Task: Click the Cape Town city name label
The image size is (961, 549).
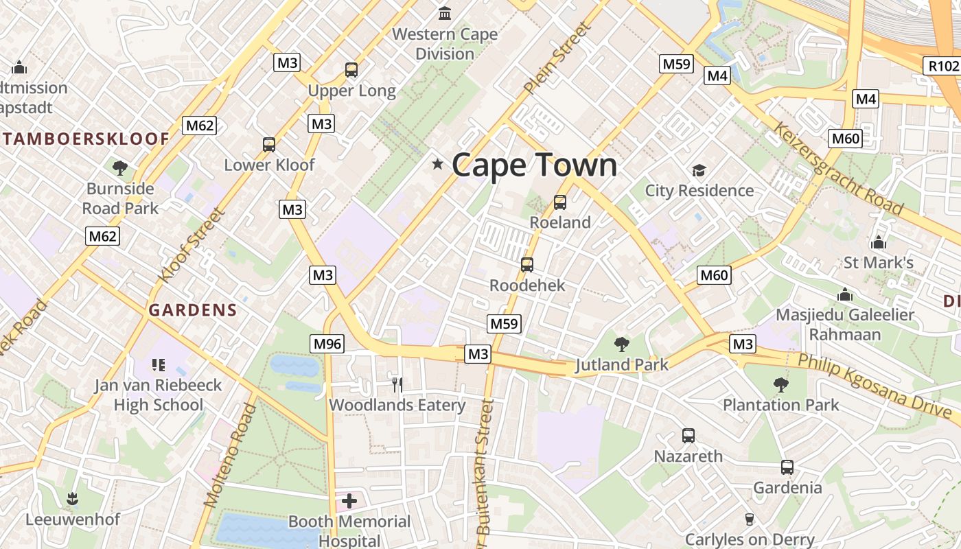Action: (x=534, y=165)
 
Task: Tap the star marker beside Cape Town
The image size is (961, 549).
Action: (x=437, y=164)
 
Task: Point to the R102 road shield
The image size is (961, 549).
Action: (x=942, y=66)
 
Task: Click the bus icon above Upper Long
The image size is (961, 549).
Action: (x=351, y=69)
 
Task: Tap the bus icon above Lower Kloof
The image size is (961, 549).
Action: (x=269, y=145)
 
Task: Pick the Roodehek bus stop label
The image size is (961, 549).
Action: (x=527, y=285)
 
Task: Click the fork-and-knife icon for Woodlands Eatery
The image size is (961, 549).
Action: (x=397, y=384)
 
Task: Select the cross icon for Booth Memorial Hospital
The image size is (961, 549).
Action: (x=349, y=500)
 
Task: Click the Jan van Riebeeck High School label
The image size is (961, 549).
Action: (x=158, y=395)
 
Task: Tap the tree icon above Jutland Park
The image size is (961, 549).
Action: (x=622, y=344)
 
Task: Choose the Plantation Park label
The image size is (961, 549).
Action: (x=780, y=405)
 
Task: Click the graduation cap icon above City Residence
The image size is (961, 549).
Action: (x=699, y=170)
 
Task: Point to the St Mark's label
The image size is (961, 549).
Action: (x=878, y=262)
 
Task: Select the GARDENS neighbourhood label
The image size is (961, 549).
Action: (x=193, y=310)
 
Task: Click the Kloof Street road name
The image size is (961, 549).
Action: (x=192, y=245)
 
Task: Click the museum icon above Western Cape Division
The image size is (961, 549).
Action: (x=445, y=13)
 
